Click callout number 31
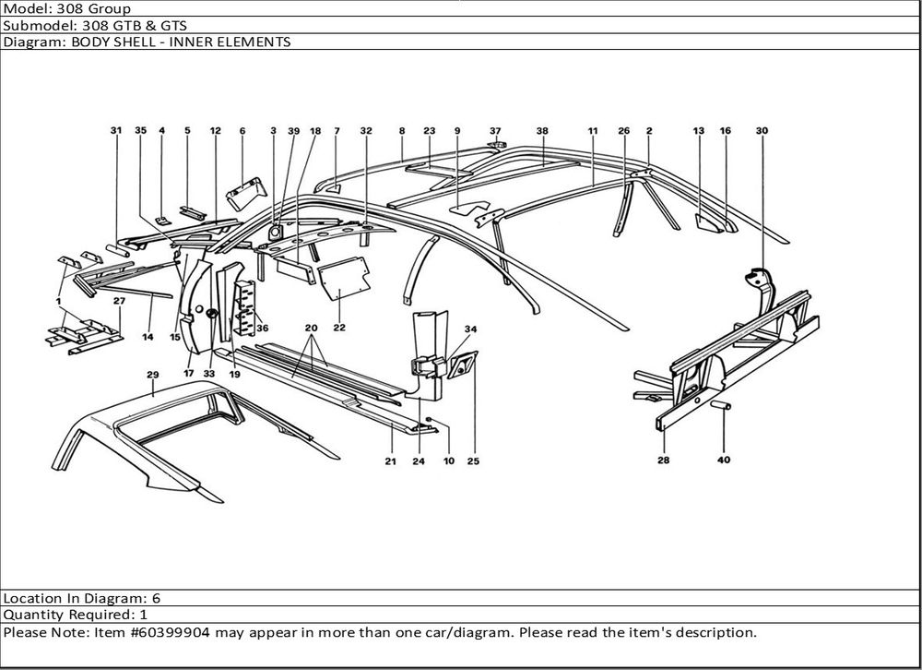coord(116,130)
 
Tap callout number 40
coord(724,461)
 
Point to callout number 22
coord(339,328)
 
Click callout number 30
coord(762,130)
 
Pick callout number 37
coord(495,130)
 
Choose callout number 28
coord(664,460)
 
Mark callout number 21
coord(390,461)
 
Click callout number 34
coord(470,329)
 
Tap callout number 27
coord(118,301)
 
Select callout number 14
coord(148,337)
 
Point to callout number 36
coord(263,328)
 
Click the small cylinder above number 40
coord(722,405)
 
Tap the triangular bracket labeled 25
coord(461,366)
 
